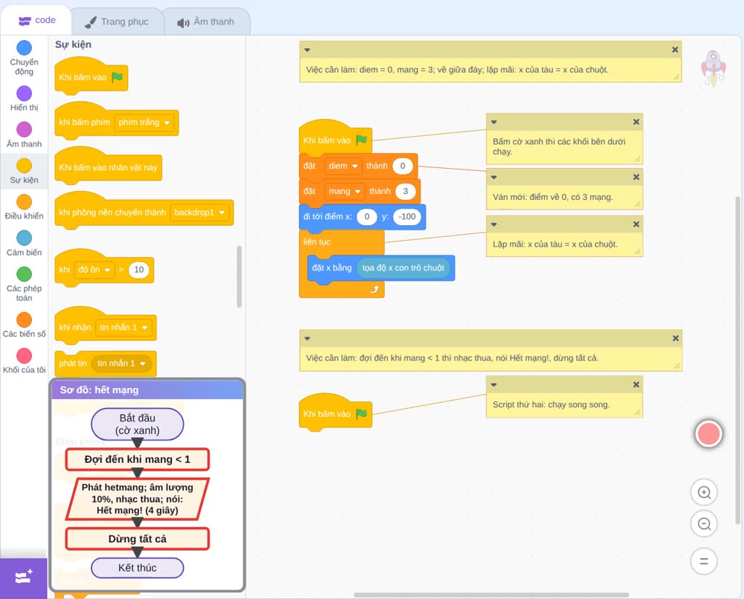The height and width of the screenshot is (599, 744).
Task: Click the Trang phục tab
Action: coord(117,22)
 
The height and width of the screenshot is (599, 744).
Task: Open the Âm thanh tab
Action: coord(206,22)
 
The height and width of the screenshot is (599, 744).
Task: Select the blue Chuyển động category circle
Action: coord(25,48)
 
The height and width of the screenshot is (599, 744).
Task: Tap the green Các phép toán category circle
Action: coord(25,274)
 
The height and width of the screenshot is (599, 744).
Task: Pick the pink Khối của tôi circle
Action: coord(25,355)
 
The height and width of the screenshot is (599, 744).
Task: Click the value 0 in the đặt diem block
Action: coord(403,166)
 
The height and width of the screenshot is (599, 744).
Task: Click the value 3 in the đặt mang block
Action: coord(405,191)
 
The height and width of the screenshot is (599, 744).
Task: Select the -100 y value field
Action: coord(407,216)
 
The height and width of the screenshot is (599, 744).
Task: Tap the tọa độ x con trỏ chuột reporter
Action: coord(403,268)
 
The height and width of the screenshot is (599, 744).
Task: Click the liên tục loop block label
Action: coord(317,242)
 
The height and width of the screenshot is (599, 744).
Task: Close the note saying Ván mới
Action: coord(636,177)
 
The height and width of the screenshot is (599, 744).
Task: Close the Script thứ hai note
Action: coord(636,384)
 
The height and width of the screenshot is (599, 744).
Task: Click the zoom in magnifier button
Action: coord(704,493)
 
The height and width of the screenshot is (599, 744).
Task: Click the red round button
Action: coord(708,433)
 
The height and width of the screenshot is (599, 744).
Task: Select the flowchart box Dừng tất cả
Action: coord(137,539)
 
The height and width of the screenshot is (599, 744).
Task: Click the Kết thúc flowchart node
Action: coord(137,568)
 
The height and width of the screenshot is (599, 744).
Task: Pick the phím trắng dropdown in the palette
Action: coord(144,123)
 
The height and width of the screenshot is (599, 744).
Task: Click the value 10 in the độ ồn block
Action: coord(138,270)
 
